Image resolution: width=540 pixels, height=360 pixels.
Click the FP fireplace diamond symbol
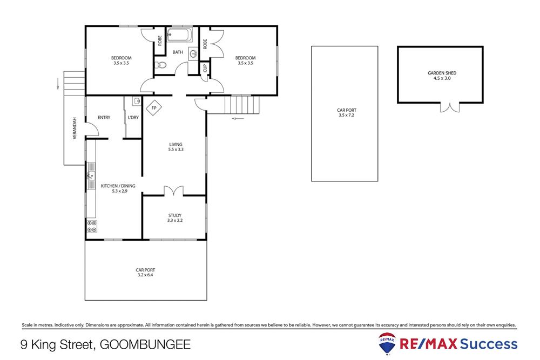pos(154,108)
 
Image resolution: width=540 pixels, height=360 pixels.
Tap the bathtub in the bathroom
pos(178,37)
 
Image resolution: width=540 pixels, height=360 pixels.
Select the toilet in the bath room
pos(161,66)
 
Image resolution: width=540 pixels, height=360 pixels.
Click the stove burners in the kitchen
pos(92,226)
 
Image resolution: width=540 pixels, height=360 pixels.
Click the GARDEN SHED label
pos(438,73)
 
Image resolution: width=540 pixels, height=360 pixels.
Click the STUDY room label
pos(174,215)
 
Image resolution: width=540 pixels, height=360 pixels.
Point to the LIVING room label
pos(176,144)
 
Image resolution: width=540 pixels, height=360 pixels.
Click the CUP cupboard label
pos(205,69)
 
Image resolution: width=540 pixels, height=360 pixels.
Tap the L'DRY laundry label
pos(133,117)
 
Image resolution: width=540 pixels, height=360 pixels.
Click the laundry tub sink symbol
pos(136,101)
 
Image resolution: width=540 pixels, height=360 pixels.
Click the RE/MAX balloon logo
pos(387,343)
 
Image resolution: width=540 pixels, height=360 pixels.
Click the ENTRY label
pos(104,117)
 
